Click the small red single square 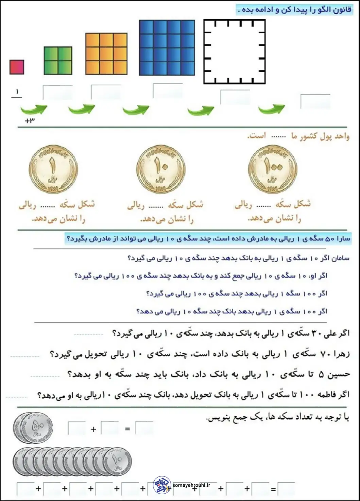17,67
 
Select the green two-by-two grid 58,61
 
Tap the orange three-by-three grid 106,54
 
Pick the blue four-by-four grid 167,48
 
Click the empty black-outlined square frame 234,51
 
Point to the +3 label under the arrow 30,120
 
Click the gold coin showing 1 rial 53,169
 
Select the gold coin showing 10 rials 161,169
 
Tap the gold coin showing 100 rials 273,169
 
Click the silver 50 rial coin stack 33,428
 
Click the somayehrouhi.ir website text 191,485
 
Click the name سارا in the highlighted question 343,239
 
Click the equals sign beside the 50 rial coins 127,429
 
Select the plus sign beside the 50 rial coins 93,429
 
